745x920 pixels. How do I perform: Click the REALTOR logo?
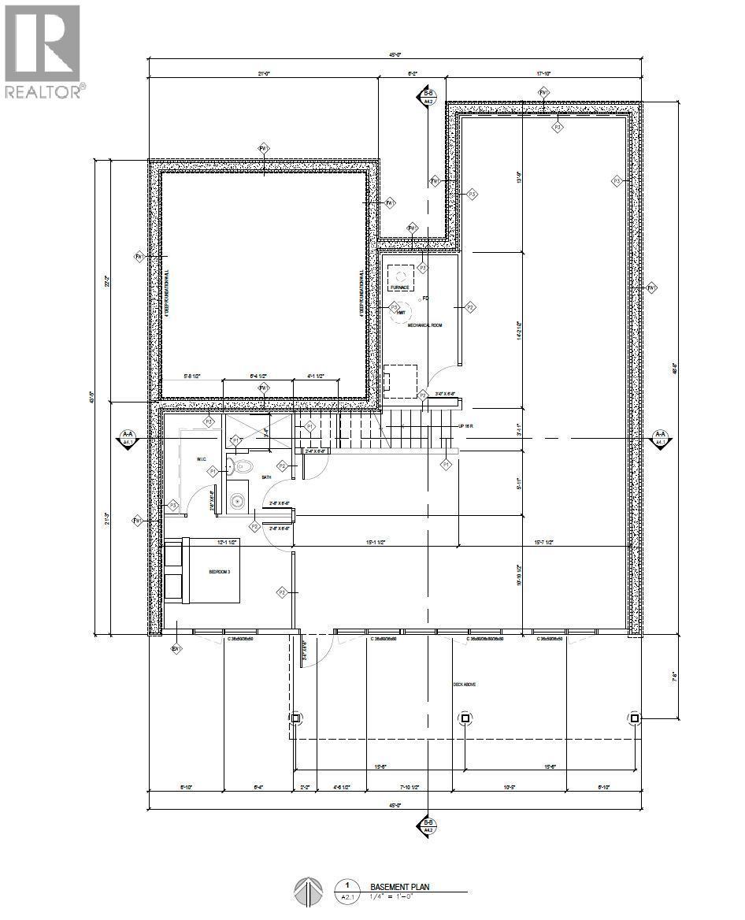[43, 52]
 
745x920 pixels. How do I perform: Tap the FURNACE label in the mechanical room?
[400, 288]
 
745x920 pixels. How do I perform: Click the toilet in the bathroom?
[240, 467]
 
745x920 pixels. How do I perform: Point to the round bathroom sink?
[237, 499]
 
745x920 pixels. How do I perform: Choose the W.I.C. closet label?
[202, 459]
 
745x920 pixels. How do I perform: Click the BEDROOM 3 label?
[219, 572]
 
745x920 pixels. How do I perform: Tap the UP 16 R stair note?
[466, 426]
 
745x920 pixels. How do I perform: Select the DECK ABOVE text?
[464, 684]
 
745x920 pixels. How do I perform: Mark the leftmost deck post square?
[296, 718]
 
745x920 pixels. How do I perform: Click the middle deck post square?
[465, 718]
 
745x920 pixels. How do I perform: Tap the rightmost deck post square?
[635, 718]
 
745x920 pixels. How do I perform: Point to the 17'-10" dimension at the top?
[543, 73]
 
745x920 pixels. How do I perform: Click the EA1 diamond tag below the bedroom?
[176, 649]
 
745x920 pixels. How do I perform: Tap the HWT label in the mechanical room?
[400, 313]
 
